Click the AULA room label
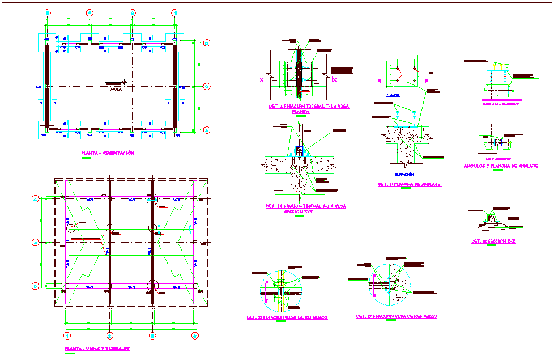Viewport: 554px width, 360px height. click(116, 88)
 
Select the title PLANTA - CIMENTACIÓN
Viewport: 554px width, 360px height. click(108, 153)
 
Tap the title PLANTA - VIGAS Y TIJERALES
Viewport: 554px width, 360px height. click(97, 349)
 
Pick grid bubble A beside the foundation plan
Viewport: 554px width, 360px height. click(207, 130)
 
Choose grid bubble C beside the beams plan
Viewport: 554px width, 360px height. click(35, 243)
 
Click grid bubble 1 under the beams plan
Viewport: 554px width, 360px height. click(67, 336)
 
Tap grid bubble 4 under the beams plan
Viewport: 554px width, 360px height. click(195, 336)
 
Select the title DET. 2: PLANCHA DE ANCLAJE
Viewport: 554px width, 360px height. click(410, 184)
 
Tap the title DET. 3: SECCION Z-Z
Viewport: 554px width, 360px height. click(493, 241)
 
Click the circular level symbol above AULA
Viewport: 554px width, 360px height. click(132, 83)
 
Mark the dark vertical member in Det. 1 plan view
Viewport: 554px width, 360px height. click(299, 71)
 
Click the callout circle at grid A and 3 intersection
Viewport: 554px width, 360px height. click(152, 198)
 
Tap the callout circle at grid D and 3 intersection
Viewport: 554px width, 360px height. click(152, 285)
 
